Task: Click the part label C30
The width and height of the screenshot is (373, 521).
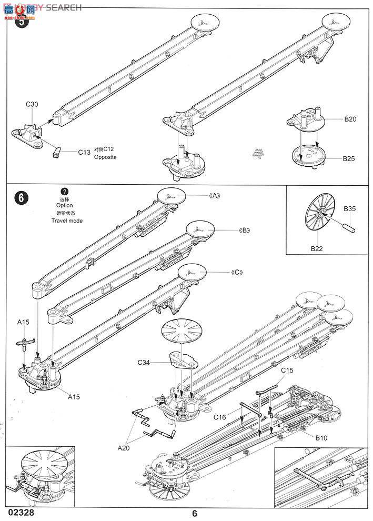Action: [32, 104]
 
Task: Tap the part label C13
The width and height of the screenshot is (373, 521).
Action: [84, 152]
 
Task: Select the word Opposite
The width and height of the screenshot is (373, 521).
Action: [105, 157]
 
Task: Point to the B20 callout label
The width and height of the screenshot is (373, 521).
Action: [350, 119]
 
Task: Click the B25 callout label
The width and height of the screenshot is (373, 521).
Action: [350, 158]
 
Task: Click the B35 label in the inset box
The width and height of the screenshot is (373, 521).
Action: [350, 208]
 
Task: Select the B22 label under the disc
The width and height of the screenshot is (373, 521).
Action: [316, 248]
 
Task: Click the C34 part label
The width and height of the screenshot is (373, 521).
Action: [145, 363]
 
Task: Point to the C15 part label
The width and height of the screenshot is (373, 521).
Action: [286, 370]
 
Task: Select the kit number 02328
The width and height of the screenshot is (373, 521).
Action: [19, 511]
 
